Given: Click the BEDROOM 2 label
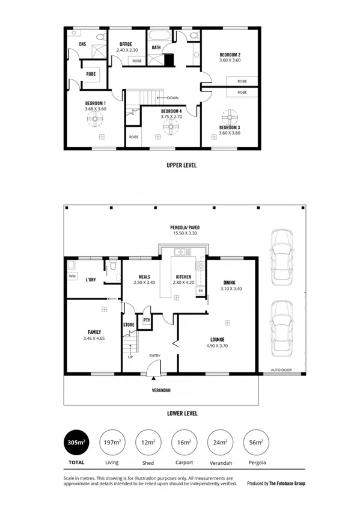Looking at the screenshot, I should [230, 55].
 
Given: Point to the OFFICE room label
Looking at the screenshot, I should [126, 45].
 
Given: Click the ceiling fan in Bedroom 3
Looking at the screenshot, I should [230, 116].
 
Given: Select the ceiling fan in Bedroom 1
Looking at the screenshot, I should [94, 119].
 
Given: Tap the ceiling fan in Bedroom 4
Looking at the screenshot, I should [172, 126].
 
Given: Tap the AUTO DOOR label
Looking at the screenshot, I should [281, 369].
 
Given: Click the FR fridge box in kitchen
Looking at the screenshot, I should [200, 290].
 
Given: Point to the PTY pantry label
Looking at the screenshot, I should [146, 321].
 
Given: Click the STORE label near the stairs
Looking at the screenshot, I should [129, 325].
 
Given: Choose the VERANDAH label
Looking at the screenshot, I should [160, 390].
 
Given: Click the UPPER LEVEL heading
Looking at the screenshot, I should [182, 164].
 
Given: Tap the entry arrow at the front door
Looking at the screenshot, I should [155, 378].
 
